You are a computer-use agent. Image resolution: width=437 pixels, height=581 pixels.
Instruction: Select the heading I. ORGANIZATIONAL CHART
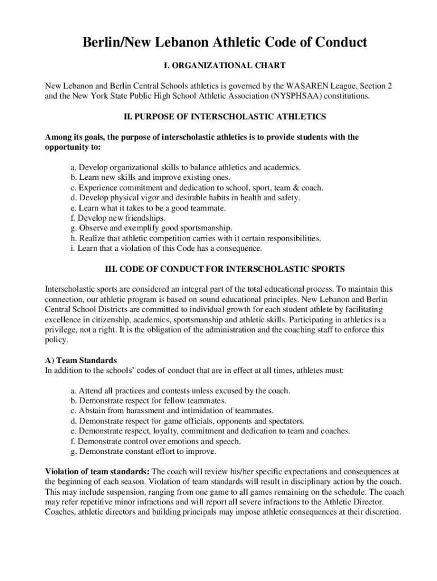click(218, 66)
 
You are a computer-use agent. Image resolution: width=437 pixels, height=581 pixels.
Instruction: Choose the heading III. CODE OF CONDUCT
click(218, 268)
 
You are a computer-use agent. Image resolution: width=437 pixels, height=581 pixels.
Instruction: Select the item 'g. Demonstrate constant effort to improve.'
click(144, 452)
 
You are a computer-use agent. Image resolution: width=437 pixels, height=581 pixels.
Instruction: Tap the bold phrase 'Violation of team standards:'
click(97, 471)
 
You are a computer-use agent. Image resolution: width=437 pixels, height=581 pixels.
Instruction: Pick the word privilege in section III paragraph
click(62, 330)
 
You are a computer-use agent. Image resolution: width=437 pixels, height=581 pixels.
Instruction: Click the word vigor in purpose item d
click(148, 197)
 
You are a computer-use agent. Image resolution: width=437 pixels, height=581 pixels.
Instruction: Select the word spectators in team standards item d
click(283, 421)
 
